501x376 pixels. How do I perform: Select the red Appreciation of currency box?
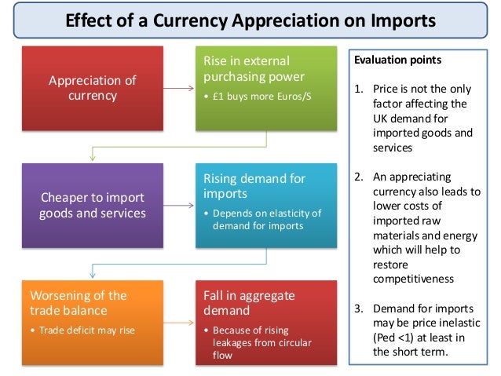point(93,88)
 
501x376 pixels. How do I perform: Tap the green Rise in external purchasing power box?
point(266,88)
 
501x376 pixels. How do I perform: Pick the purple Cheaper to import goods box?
point(93,206)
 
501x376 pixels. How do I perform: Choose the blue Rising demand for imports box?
point(266,204)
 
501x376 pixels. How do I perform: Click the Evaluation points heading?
point(397,60)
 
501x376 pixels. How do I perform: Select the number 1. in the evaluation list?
point(359,88)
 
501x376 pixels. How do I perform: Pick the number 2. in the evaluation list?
point(359,177)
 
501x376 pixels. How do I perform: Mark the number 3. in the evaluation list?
point(359,308)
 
